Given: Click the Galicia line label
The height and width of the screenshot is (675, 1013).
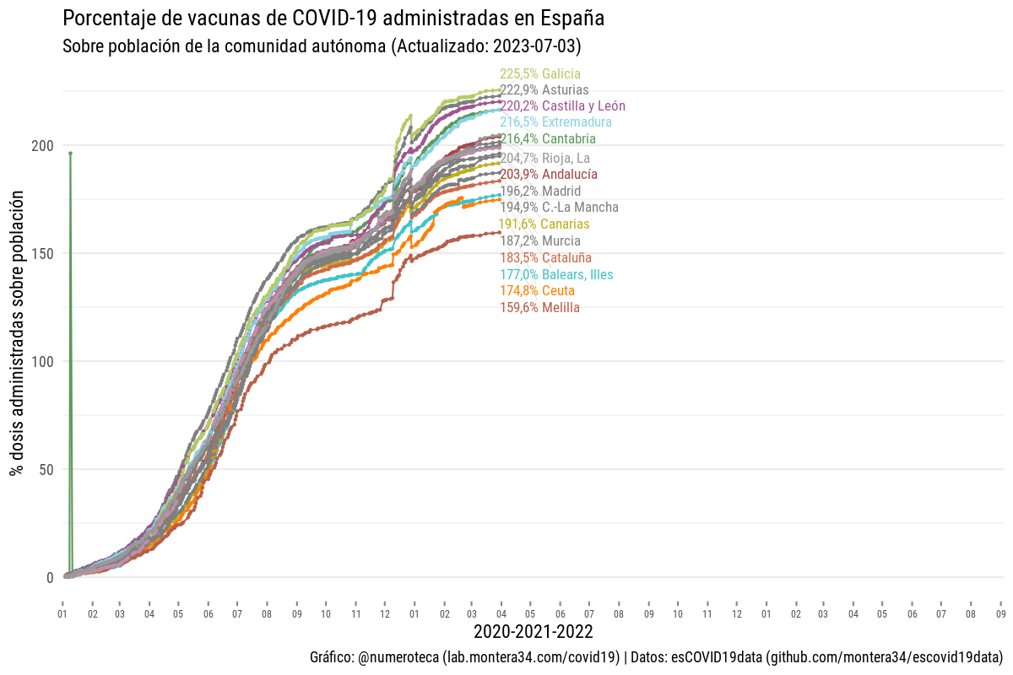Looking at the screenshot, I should point(540,73).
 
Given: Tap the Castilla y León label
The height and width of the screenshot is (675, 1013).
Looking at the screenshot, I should point(562,106).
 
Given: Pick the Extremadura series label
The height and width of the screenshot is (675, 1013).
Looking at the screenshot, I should point(555,122).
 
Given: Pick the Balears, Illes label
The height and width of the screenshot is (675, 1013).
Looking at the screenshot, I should point(556,274).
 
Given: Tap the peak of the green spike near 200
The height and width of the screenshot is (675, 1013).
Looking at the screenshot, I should point(70,153).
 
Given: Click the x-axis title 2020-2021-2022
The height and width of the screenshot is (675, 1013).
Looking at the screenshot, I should point(533,632).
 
